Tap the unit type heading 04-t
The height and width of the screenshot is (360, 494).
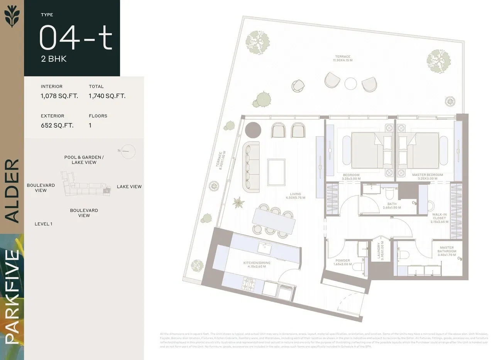pyautogui.click(x=76, y=38)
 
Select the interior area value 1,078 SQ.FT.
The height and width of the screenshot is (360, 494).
pyautogui.click(x=59, y=96)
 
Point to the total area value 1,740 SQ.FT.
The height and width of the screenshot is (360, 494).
pyautogui.click(x=107, y=96)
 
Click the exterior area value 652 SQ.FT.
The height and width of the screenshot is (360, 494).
pyautogui.click(x=57, y=125)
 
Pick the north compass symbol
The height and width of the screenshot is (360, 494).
pyautogui.click(x=128, y=151)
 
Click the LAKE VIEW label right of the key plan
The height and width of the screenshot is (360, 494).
pyautogui.click(x=129, y=187)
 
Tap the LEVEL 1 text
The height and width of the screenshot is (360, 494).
pyautogui.click(x=43, y=224)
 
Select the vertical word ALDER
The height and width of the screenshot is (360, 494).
pyautogui.click(x=12, y=191)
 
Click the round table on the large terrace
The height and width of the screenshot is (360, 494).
pyautogui.click(x=351, y=84)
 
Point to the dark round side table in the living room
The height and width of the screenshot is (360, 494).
pyautogui.click(x=253, y=130)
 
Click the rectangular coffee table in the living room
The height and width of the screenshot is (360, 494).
pyautogui.click(x=276, y=172)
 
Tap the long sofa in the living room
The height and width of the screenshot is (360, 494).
pyautogui.click(x=250, y=166)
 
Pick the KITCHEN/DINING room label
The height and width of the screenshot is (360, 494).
pyautogui.click(x=257, y=265)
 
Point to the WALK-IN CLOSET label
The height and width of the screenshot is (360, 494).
pyautogui.click(x=439, y=218)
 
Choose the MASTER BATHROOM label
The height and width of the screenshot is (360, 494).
pyautogui.click(x=447, y=251)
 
